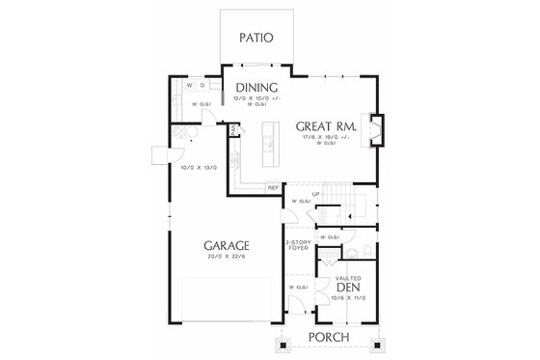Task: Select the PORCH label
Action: [327, 337]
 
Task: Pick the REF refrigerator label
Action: [273, 187]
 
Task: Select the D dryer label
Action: [202, 85]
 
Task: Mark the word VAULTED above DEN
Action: [348, 277]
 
